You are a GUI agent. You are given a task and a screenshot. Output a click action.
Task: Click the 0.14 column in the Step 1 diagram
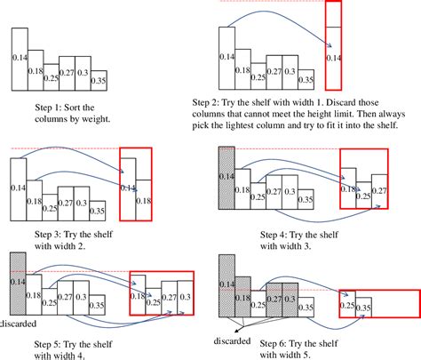[20, 58]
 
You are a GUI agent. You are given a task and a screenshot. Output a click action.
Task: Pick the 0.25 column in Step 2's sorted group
[258, 76]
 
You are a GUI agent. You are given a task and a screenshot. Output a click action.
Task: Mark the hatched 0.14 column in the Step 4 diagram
[226, 178]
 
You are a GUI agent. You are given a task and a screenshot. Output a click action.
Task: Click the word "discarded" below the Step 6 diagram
[233, 339]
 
